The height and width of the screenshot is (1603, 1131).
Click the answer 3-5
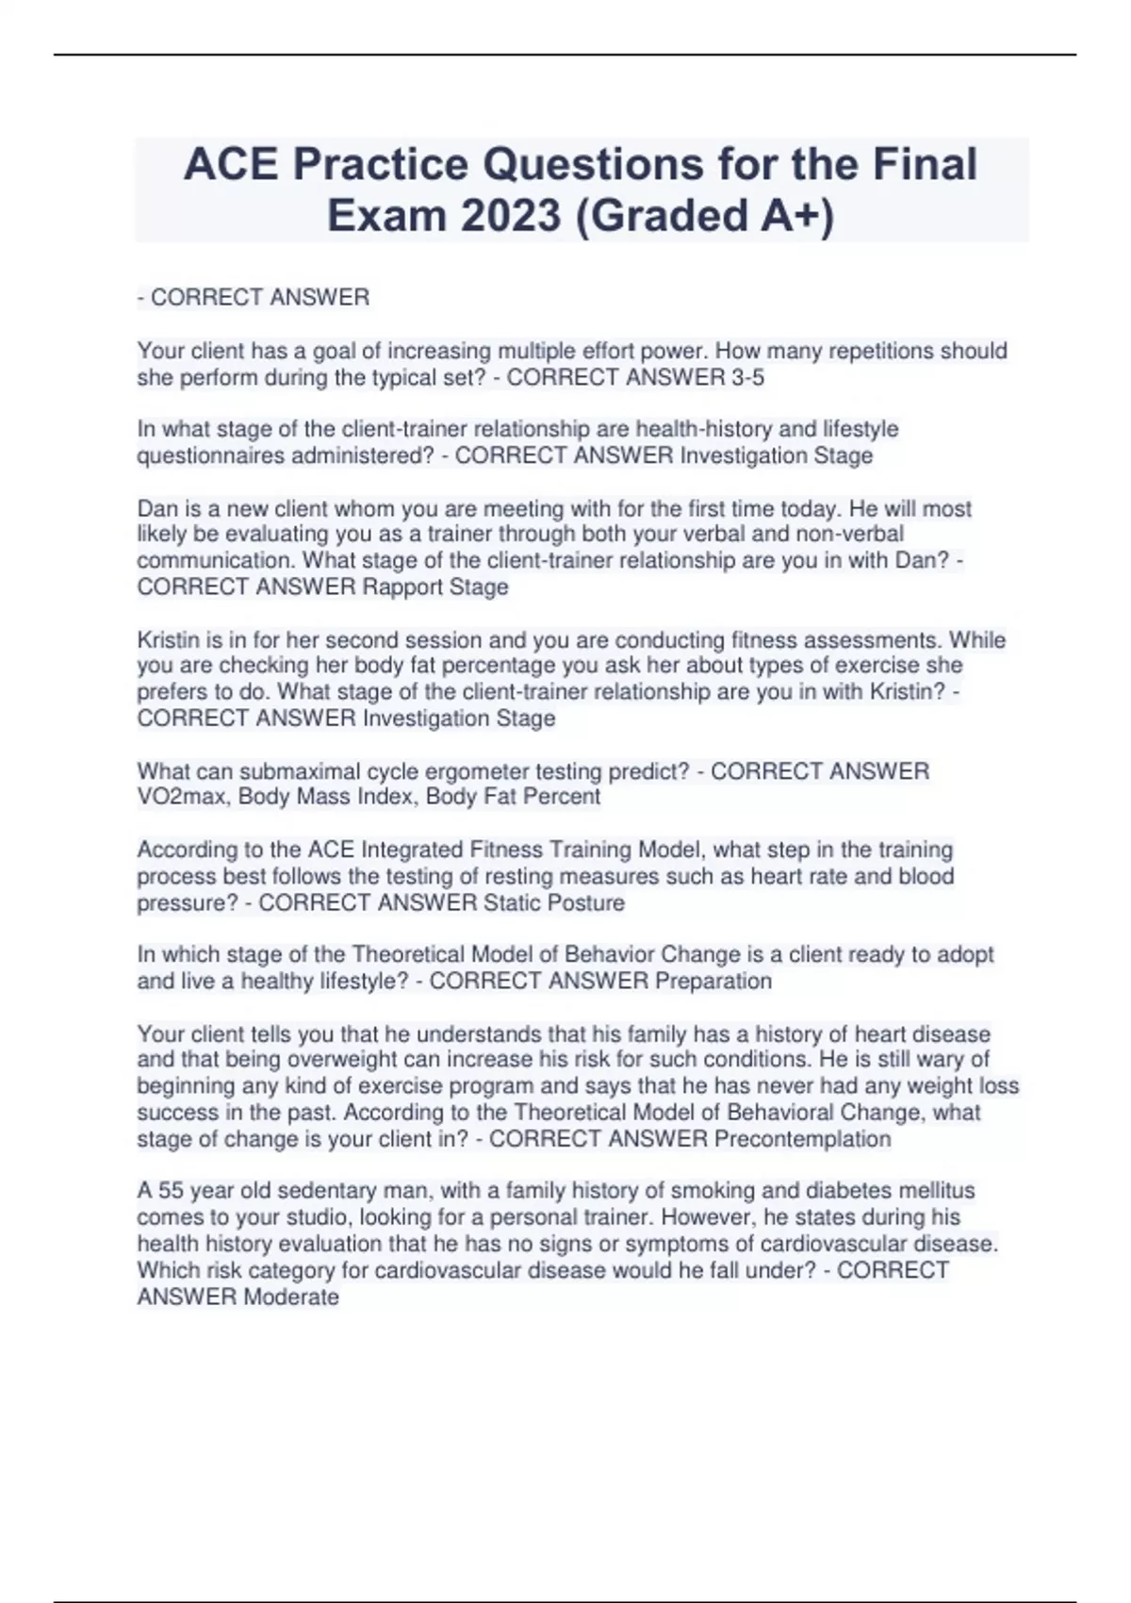click(744, 378)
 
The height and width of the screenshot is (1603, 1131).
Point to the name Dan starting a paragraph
click(157, 509)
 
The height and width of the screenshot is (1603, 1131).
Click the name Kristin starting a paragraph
click(168, 640)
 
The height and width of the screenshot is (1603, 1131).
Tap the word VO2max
click(183, 797)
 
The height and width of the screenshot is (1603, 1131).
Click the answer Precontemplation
click(802, 1139)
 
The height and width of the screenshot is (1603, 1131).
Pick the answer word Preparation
click(713, 982)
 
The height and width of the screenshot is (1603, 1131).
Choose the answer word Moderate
click(291, 1297)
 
